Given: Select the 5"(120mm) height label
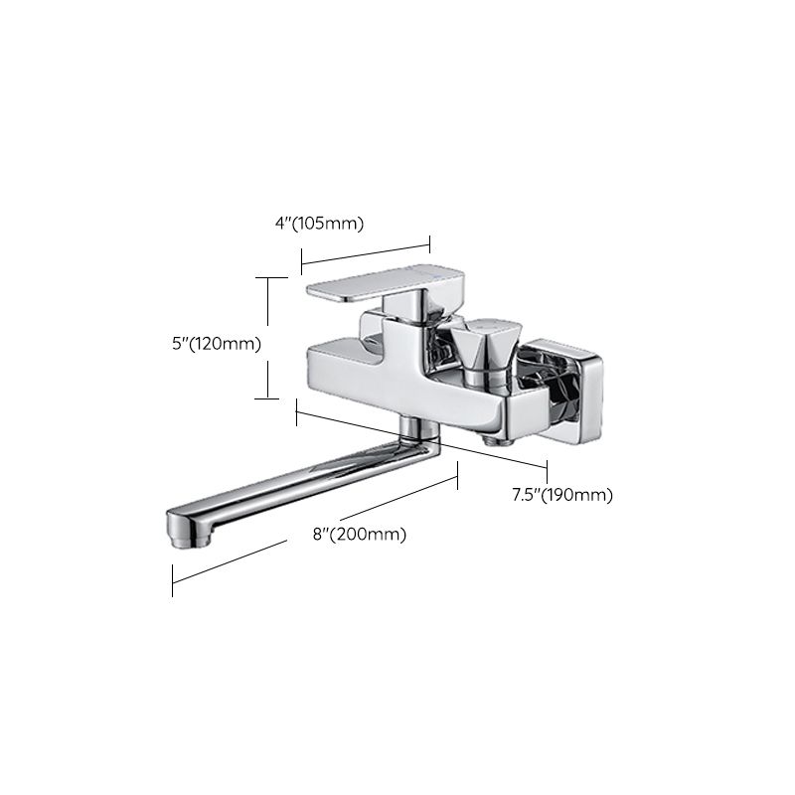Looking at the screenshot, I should tap(216, 344).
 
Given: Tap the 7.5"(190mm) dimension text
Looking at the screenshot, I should tap(562, 494).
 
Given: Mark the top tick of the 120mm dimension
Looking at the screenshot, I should tap(265, 279).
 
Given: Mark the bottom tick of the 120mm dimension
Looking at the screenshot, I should tap(265, 398).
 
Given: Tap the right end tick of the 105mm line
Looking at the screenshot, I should tap(429, 241).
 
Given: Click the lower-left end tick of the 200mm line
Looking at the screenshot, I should tap(173, 580).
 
